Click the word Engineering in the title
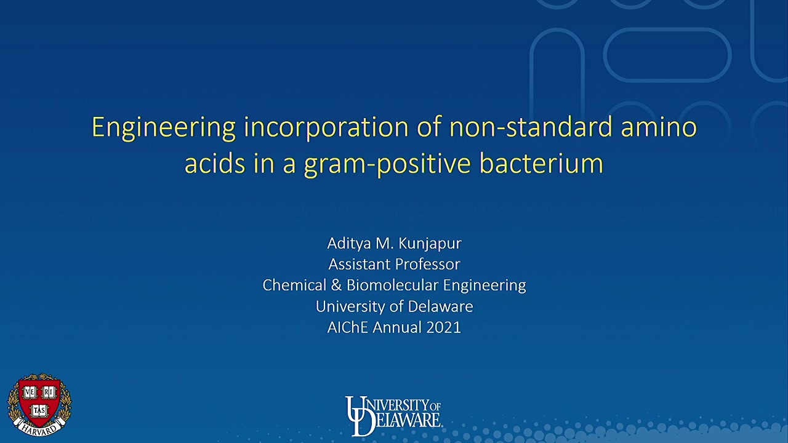(x=164, y=128)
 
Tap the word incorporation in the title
(x=326, y=128)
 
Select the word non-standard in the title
(x=531, y=127)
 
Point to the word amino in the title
(x=659, y=127)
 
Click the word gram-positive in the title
(x=387, y=164)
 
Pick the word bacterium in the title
(x=541, y=163)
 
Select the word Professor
(x=427, y=265)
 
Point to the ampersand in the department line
(x=336, y=285)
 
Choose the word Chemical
(x=294, y=285)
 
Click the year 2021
(x=443, y=327)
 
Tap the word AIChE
(x=348, y=327)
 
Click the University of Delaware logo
(x=393, y=415)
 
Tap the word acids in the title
(x=215, y=163)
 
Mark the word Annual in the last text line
(x=397, y=327)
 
